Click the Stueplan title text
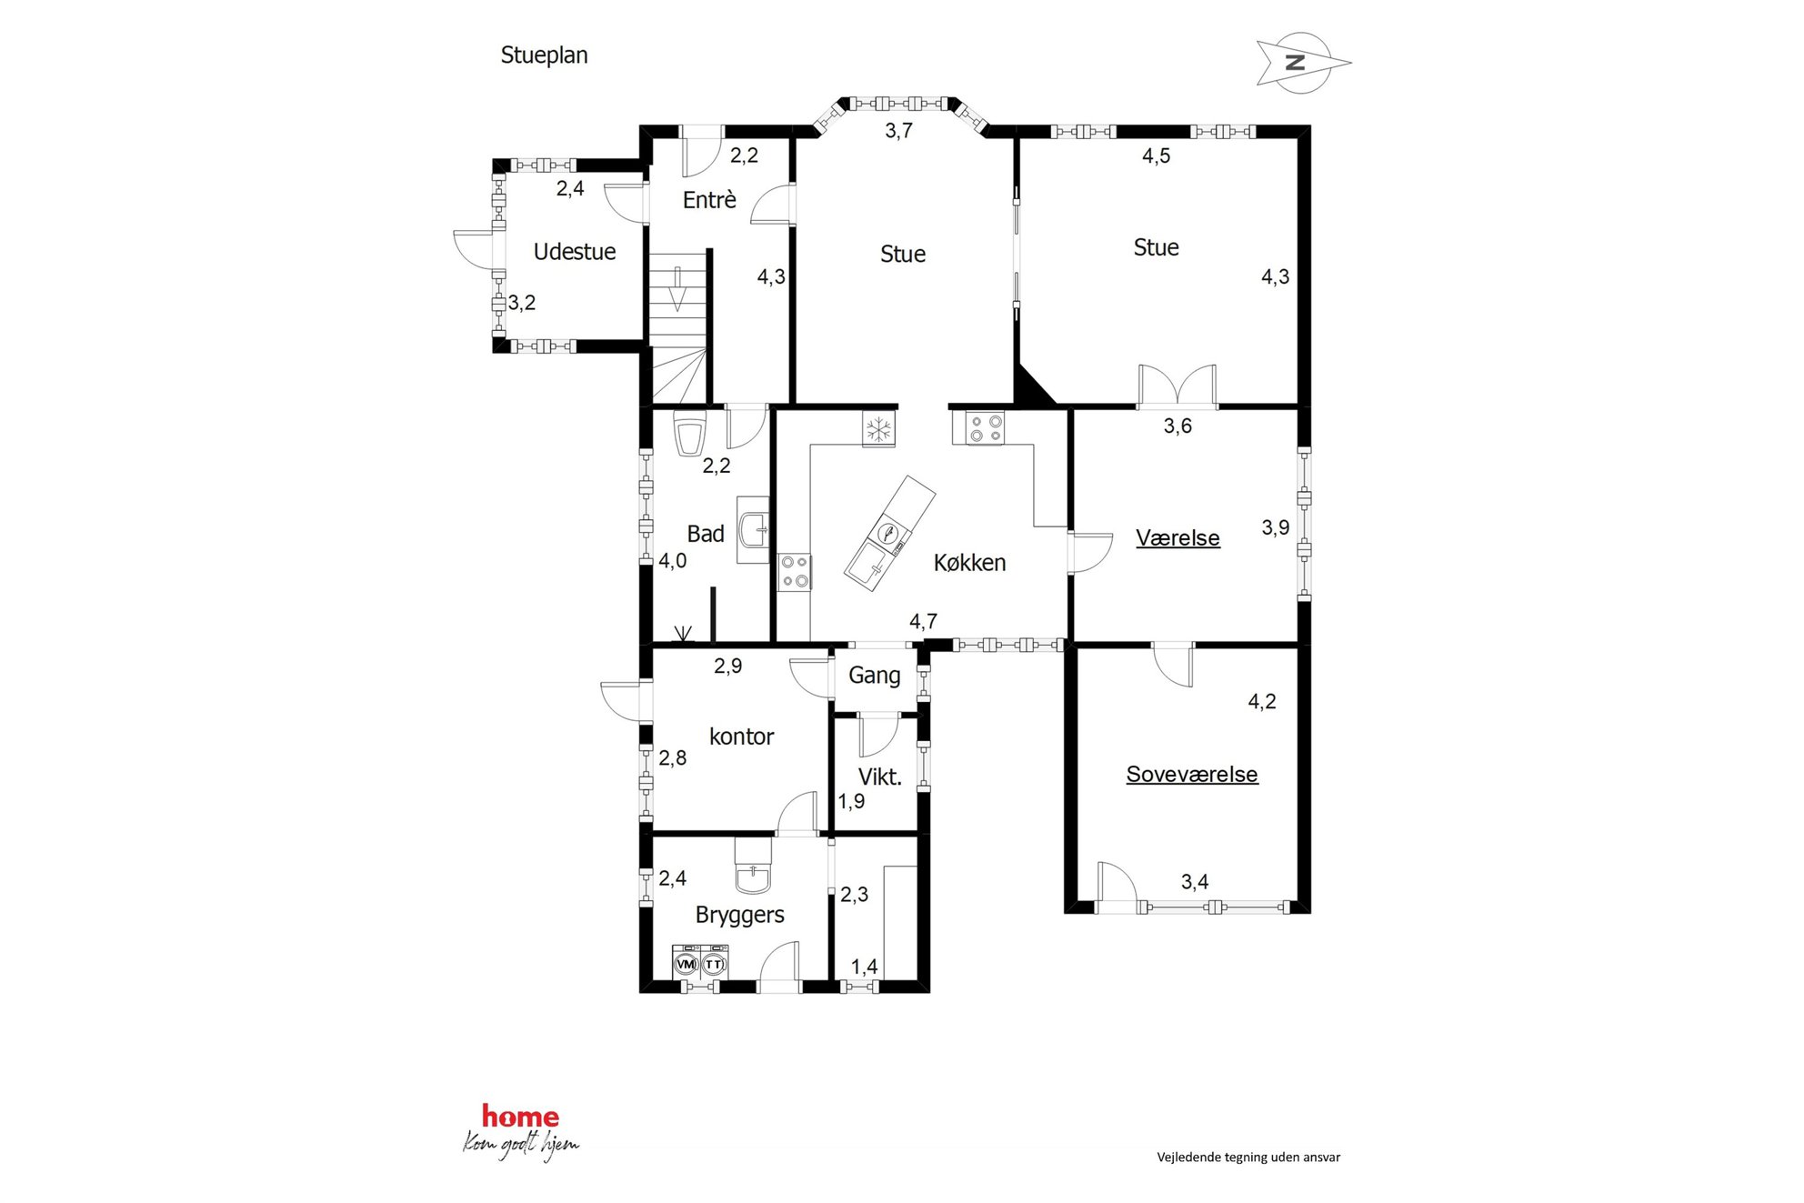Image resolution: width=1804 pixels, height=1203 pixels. coord(544,56)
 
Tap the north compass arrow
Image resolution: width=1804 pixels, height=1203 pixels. coord(1302,63)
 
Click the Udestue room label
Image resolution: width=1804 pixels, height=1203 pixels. coord(575,252)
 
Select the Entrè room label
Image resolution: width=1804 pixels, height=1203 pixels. coord(709,200)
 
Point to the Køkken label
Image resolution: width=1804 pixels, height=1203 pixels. coord(969,563)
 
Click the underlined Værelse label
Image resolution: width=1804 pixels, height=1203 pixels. coord(1178,538)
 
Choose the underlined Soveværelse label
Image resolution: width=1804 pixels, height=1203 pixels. coord(1192,775)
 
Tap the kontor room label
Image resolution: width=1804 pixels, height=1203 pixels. coord(741,737)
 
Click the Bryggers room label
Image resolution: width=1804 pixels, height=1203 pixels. coord(740,916)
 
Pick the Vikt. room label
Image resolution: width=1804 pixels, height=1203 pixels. coord(880,777)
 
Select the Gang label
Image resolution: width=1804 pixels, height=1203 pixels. coord(875,676)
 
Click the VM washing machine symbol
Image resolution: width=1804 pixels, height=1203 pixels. coord(687,962)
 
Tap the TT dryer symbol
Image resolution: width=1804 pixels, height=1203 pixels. coord(715,962)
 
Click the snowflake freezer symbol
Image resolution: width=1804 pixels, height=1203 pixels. coord(878,429)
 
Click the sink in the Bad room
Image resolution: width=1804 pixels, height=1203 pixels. coord(754,529)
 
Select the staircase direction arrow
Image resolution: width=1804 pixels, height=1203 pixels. coord(677,289)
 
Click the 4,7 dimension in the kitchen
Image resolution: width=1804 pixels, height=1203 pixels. coord(923,622)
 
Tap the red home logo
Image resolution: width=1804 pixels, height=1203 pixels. coord(520,1117)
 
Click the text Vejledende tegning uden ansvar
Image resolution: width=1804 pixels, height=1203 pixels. coord(1248,1158)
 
